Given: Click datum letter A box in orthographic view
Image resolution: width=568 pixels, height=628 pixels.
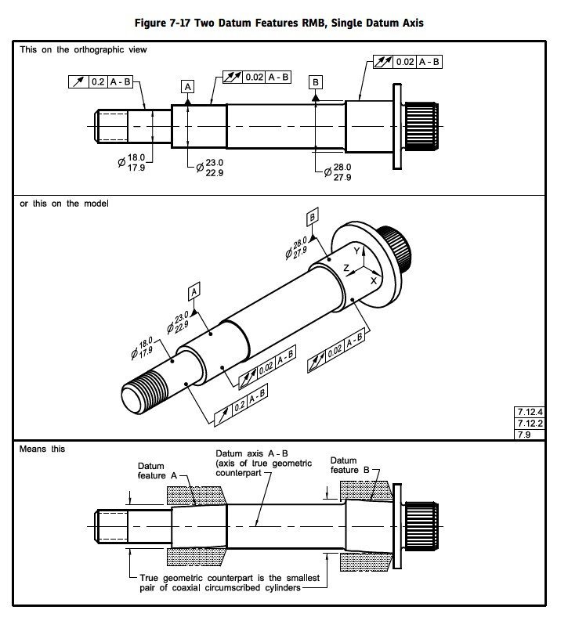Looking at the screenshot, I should pos(188,87).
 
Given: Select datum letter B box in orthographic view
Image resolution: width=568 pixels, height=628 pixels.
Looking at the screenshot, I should pos(315,82).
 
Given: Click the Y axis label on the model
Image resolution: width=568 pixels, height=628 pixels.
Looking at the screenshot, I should pos(356,251).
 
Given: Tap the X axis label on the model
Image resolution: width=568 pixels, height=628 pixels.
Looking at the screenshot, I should pos(373,280).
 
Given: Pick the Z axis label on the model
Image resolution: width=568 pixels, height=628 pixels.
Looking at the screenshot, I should pos(346,267).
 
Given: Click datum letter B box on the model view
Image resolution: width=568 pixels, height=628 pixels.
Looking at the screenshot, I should pos(312,217).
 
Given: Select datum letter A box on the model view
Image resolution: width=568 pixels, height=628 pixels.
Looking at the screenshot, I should pos(194,291).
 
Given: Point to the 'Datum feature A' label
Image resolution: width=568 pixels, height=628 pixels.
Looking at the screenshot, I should pos(157,471).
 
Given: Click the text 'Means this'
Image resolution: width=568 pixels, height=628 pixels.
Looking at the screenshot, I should pos(43,449).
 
